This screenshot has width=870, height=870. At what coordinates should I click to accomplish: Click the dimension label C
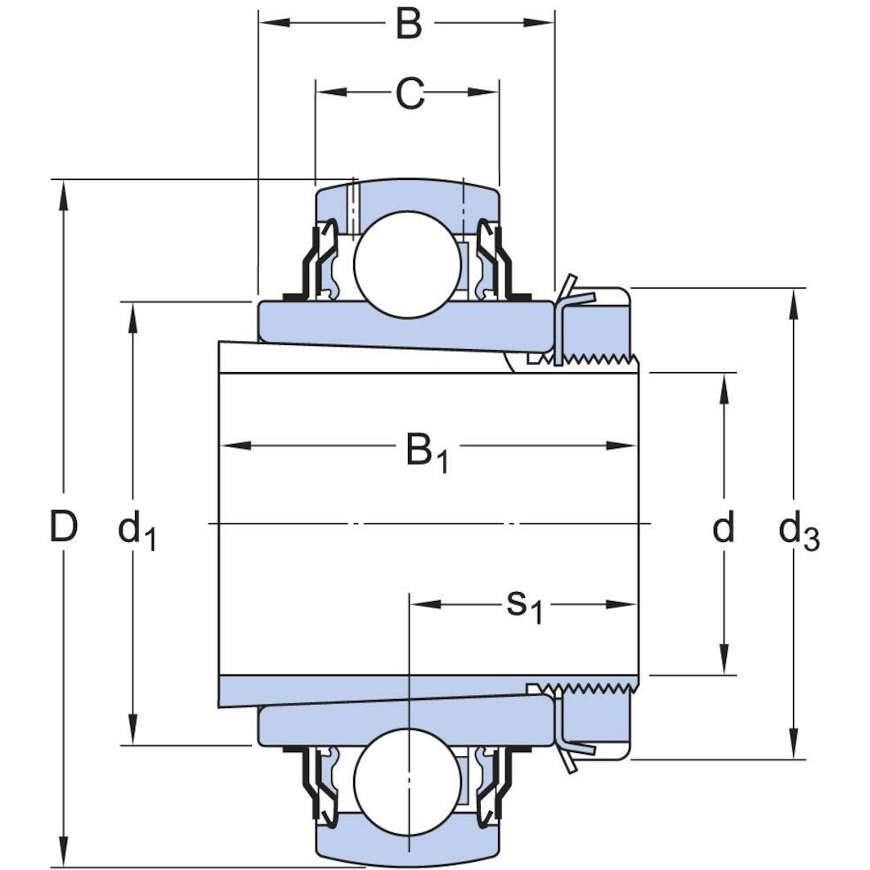coord(410,94)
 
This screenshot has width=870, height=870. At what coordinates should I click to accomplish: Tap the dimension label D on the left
coord(64,527)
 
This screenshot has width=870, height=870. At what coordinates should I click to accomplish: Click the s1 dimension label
coord(523,606)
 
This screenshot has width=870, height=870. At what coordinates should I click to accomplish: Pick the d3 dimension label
coord(798,533)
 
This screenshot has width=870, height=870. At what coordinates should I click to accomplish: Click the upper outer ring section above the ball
coord(408,196)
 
